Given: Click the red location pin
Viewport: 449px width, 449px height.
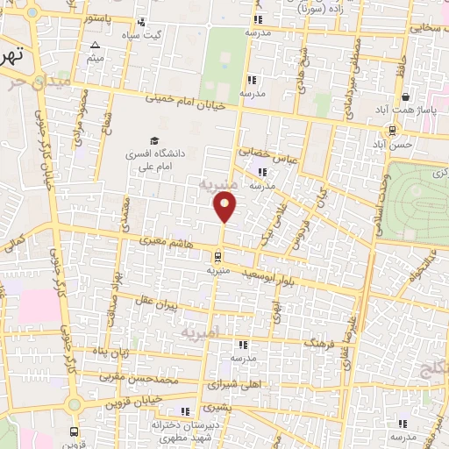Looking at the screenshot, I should (x=225, y=207).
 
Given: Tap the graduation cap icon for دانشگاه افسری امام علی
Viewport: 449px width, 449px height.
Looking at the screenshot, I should (x=154, y=141).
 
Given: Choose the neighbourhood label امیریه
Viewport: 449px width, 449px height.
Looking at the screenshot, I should (x=204, y=332).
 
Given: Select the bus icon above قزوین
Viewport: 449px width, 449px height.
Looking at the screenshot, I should (x=74, y=432).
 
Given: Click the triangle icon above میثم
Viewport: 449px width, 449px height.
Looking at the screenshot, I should (x=95, y=44).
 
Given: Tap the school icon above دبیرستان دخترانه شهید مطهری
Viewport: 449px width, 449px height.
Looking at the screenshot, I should (x=184, y=411).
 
